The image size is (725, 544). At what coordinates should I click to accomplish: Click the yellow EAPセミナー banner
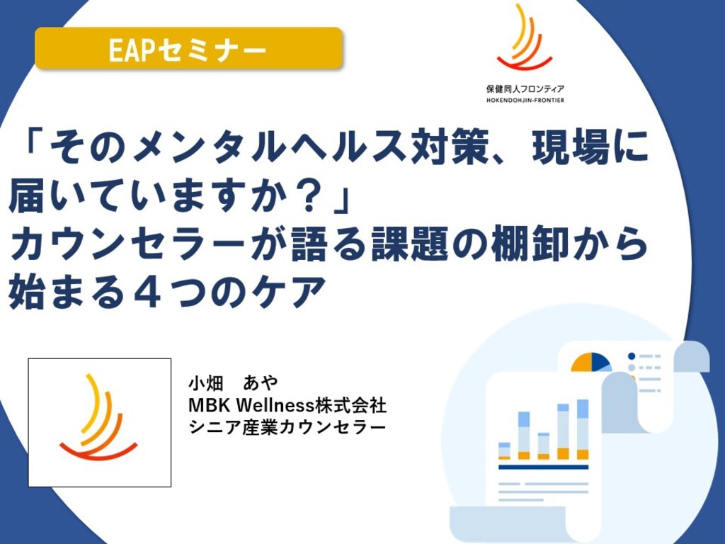(x=188, y=49)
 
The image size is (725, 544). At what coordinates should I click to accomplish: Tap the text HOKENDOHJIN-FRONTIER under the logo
(x=525, y=100)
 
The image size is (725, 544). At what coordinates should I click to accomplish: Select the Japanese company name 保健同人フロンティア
(x=525, y=89)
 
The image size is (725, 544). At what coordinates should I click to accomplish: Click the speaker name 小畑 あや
(x=233, y=382)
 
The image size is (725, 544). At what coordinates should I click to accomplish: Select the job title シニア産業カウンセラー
(x=287, y=427)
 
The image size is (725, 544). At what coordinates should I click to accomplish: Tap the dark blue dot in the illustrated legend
(x=632, y=356)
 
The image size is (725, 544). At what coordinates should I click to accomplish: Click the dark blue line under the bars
(x=543, y=467)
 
